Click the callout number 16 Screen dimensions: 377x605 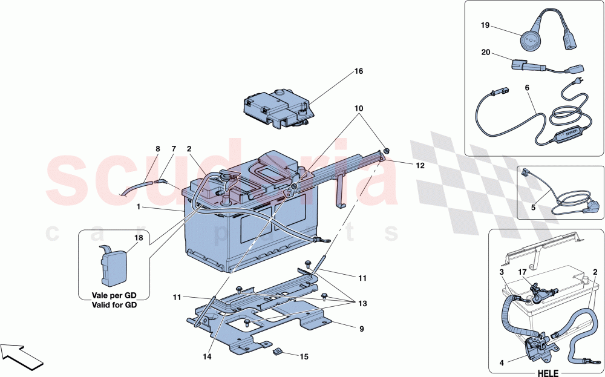tap(359, 71)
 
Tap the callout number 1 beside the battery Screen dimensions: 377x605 tap(139, 207)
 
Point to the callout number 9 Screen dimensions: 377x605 tap(362, 329)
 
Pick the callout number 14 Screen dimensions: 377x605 tap(208, 357)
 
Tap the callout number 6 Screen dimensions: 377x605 tap(527, 88)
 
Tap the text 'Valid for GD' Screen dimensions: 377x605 tap(114, 305)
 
